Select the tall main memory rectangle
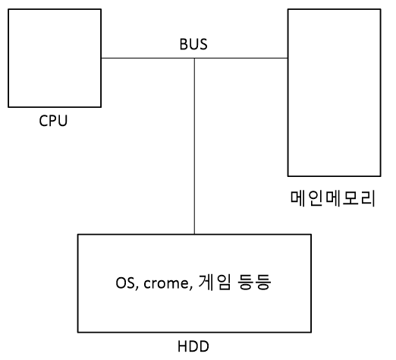click(x=333, y=92)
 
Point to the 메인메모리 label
click(x=333, y=199)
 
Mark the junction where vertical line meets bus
click(x=195, y=58)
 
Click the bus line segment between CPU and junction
click(x=148, y=58)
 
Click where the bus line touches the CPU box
click(x=102, y=58)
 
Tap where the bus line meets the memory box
click(x=288, y=58)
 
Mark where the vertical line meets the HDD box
click(x=195, y=234)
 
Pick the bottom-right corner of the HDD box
click(x=310, y=332)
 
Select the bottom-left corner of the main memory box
click(x=288, y=176)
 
